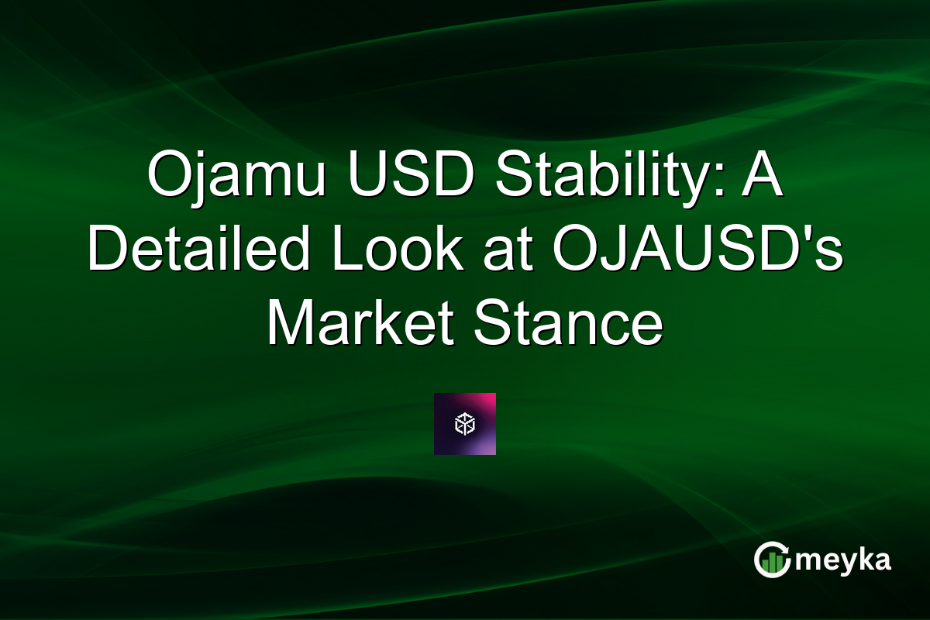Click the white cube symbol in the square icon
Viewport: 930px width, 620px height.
[x=464, y=424]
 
